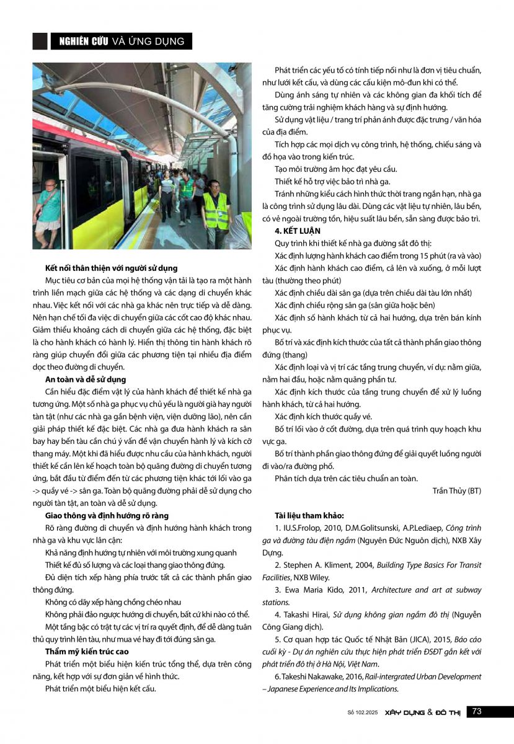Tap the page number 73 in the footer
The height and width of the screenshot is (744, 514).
click(x=476, y=712)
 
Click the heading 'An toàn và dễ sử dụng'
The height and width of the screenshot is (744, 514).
click(x=86, y=379)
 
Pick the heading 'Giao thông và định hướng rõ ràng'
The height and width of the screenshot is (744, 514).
click(x=107, y=515)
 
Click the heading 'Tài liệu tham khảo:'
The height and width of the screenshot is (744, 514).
click(x=309, y=515)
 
